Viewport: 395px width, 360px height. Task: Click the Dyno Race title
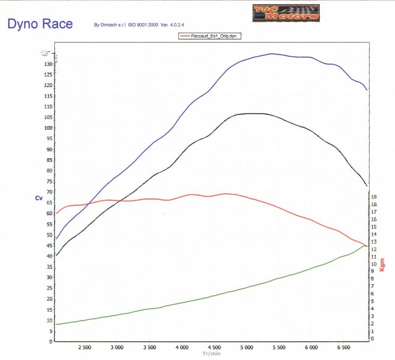(x=39, y=25)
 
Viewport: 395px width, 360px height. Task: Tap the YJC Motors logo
(x=286, y=12)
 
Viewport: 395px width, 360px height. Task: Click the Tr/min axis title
(x=212, y=354)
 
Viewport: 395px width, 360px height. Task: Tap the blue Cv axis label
(x=39, y=198)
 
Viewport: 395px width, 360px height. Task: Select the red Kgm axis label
(x=382, y=264)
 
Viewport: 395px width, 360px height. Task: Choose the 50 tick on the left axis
(x=48, y=235)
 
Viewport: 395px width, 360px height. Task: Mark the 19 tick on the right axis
(x=374, y=198)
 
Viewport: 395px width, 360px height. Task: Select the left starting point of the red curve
(x=56, y=214)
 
